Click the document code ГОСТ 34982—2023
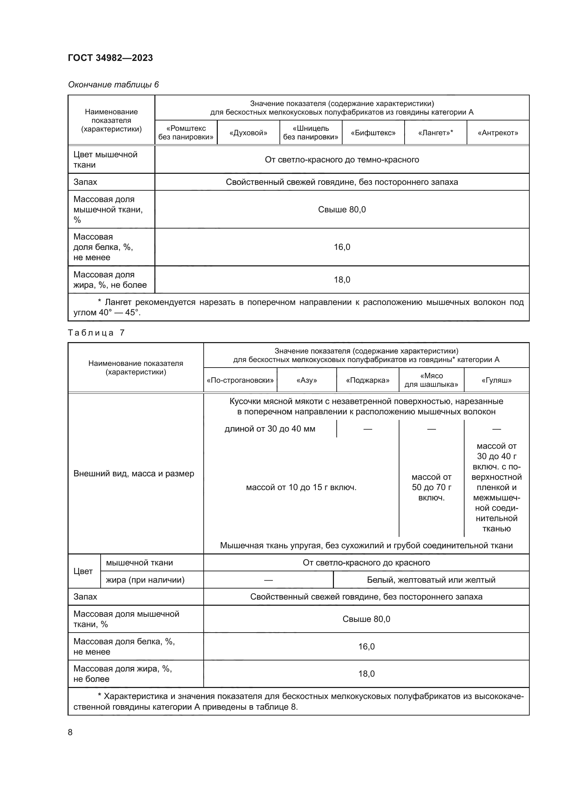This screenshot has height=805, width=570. (x=110, y=58)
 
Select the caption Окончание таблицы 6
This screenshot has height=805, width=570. (x=113, y=85)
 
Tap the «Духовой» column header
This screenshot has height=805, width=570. (x=248, y=133)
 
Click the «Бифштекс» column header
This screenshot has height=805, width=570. (x=373, y=133)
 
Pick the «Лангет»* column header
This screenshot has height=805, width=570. (x=435, y=133)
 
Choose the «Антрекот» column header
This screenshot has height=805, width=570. (x=498, y=133)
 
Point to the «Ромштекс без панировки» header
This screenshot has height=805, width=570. (x=186, y=133)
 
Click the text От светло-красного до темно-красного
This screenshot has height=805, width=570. (x=342, y=160)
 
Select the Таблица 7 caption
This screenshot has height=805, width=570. (x=96, y=333)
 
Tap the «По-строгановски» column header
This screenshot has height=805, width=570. (x=240, y=380)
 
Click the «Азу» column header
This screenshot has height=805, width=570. (x=306, y=380)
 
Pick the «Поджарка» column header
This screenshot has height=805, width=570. (x=367, y=380)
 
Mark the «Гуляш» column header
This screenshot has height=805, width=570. (x=496, y=380)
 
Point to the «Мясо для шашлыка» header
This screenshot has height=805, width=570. (x=431, y=380)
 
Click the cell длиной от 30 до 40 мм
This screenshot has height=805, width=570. (x=269, y=429)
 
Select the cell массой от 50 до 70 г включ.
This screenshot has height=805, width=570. (x=431, y=487)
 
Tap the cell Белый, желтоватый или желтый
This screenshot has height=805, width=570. (x=431, y=580)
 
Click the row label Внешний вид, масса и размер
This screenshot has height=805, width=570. (x=134, y=474)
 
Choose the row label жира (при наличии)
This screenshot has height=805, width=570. (x=145, y=580)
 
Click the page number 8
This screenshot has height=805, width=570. (x=70, y=732)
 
